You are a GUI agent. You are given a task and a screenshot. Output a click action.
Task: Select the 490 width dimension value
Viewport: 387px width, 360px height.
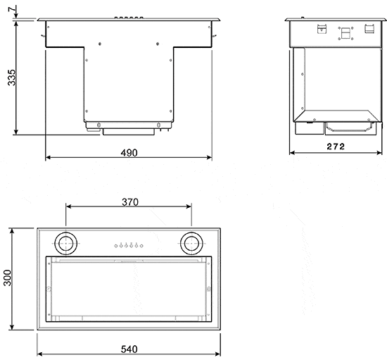[x=128, y=152]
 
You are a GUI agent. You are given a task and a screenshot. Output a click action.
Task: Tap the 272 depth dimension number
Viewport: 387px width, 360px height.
[x=335, y=147]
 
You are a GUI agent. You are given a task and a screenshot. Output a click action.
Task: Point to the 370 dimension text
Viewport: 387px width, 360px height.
[x=129, y=202]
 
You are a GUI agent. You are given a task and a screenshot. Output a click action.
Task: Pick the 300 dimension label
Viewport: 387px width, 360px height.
[x=8, y=280]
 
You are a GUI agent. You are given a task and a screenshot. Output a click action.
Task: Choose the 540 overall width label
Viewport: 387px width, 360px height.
[x=129, y=349]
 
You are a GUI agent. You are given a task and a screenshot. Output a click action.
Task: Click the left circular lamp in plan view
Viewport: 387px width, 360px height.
[x=68, y=243]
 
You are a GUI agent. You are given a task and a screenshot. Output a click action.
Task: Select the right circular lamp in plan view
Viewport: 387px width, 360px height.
[x=190, y=243]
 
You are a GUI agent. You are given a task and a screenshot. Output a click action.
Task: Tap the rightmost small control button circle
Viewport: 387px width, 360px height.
[x=142, y=245]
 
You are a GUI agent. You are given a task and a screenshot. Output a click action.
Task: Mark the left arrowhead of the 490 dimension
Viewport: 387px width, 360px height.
[x=47, y=159]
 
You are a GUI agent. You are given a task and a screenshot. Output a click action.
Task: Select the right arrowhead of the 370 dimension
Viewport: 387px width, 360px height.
[x=190, y=206]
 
